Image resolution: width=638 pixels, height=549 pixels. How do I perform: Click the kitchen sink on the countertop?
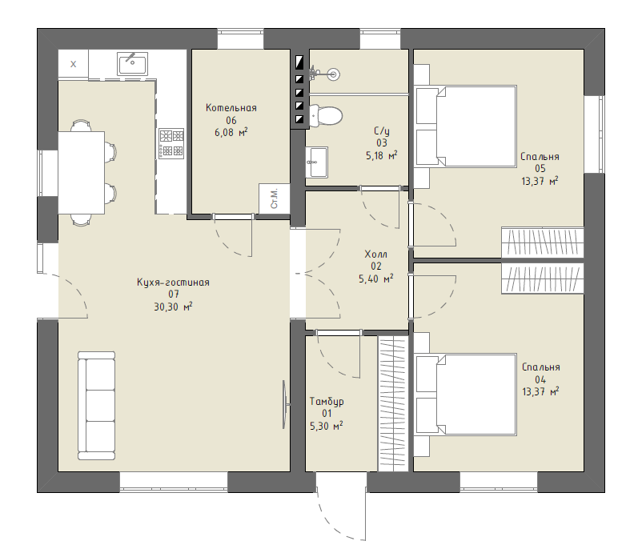(133, 64)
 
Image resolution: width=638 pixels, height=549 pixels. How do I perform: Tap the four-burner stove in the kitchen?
(171, 143)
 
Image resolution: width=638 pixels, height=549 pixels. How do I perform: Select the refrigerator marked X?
(73, 64)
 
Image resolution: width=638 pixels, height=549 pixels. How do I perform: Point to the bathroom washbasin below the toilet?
(316, 162)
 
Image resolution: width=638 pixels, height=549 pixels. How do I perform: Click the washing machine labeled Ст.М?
(274, 198)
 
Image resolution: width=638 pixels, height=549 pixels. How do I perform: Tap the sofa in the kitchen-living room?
(96, 406)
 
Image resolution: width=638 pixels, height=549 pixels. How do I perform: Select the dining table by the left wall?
(82, 172)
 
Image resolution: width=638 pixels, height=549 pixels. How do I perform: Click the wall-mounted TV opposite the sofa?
(285, 404)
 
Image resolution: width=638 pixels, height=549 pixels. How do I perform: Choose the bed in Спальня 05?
(466, 126)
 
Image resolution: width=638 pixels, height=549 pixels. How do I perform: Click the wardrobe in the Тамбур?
(393, 403)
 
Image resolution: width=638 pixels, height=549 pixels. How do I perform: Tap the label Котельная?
(231, 108)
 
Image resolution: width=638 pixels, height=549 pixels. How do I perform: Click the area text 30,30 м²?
(173, 307)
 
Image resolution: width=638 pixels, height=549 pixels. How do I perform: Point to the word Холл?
(375, 254)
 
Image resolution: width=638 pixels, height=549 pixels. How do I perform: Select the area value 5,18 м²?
(381, 155)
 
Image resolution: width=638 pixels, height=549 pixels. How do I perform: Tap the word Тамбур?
(327, 402)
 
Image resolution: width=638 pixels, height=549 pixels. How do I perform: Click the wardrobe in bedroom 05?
(543, 242)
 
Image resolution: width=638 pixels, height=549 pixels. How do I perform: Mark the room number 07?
(174, 294)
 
